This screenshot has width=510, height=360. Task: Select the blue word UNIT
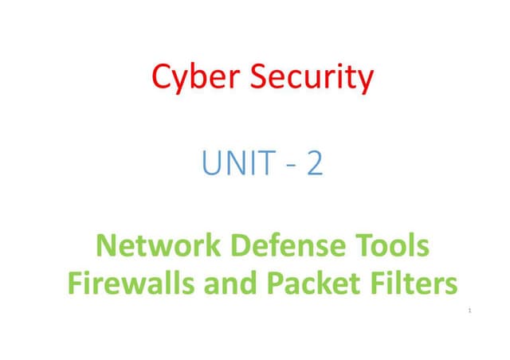tap(233, 165)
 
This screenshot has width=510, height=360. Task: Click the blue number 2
tap(315, 165)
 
